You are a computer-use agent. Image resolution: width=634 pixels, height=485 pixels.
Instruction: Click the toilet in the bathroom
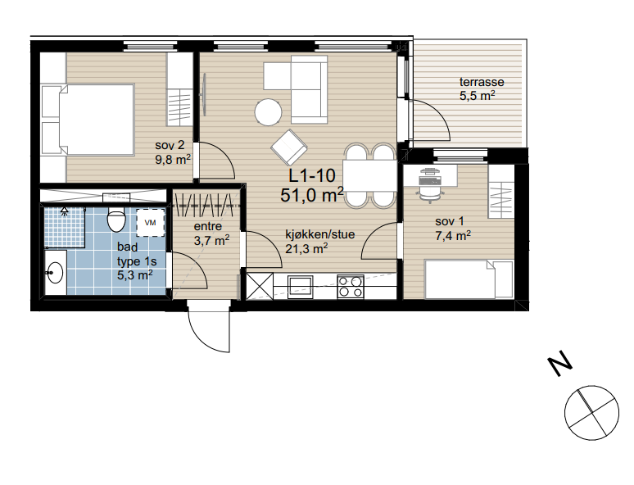116,220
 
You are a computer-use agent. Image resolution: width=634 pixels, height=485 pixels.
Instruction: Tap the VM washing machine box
150,222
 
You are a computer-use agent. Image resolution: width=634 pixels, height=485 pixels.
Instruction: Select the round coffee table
268,112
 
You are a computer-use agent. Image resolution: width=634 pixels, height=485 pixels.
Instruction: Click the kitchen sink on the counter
301,286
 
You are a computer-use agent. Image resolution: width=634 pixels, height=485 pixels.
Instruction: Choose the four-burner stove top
351,287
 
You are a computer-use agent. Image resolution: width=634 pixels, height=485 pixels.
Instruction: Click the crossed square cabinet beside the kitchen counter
260,287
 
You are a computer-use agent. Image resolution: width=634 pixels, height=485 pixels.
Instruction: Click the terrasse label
481,83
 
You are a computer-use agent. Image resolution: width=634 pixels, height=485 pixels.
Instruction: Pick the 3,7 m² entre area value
211,241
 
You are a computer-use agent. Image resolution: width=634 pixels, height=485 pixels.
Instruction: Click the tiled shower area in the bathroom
64,227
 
